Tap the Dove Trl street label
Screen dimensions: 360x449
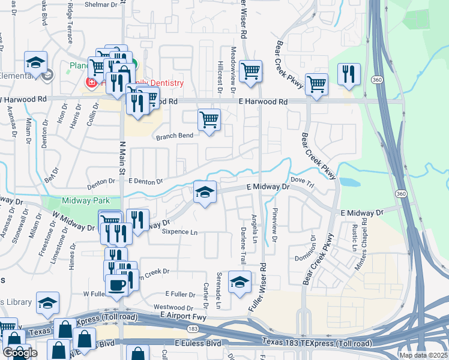302,180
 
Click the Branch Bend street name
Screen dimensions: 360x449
175,136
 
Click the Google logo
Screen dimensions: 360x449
20,353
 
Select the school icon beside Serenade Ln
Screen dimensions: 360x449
240,283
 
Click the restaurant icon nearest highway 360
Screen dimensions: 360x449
348,74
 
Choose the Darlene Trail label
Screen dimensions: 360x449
243,247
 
